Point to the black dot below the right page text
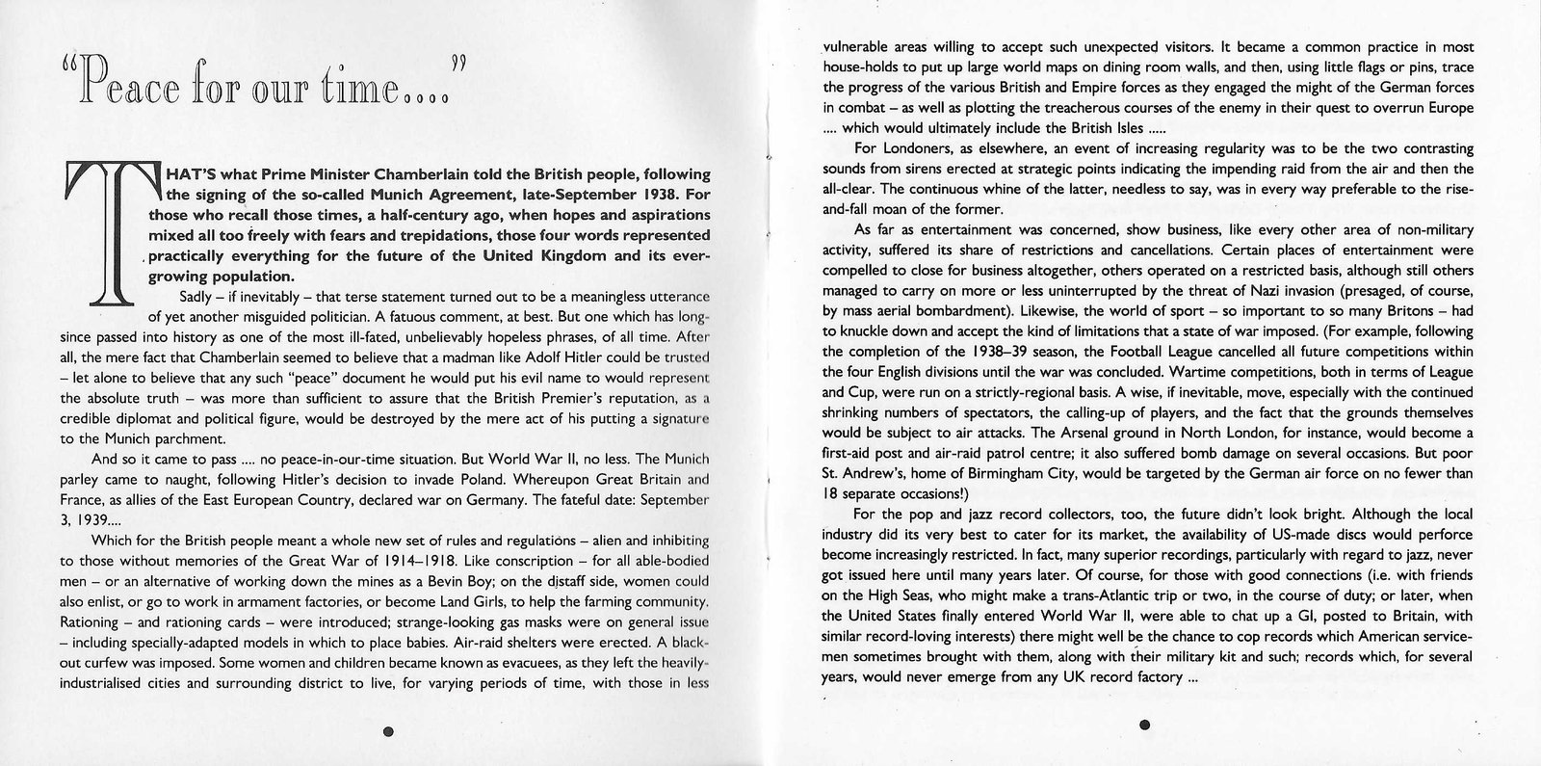click(x=1144, y=725)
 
